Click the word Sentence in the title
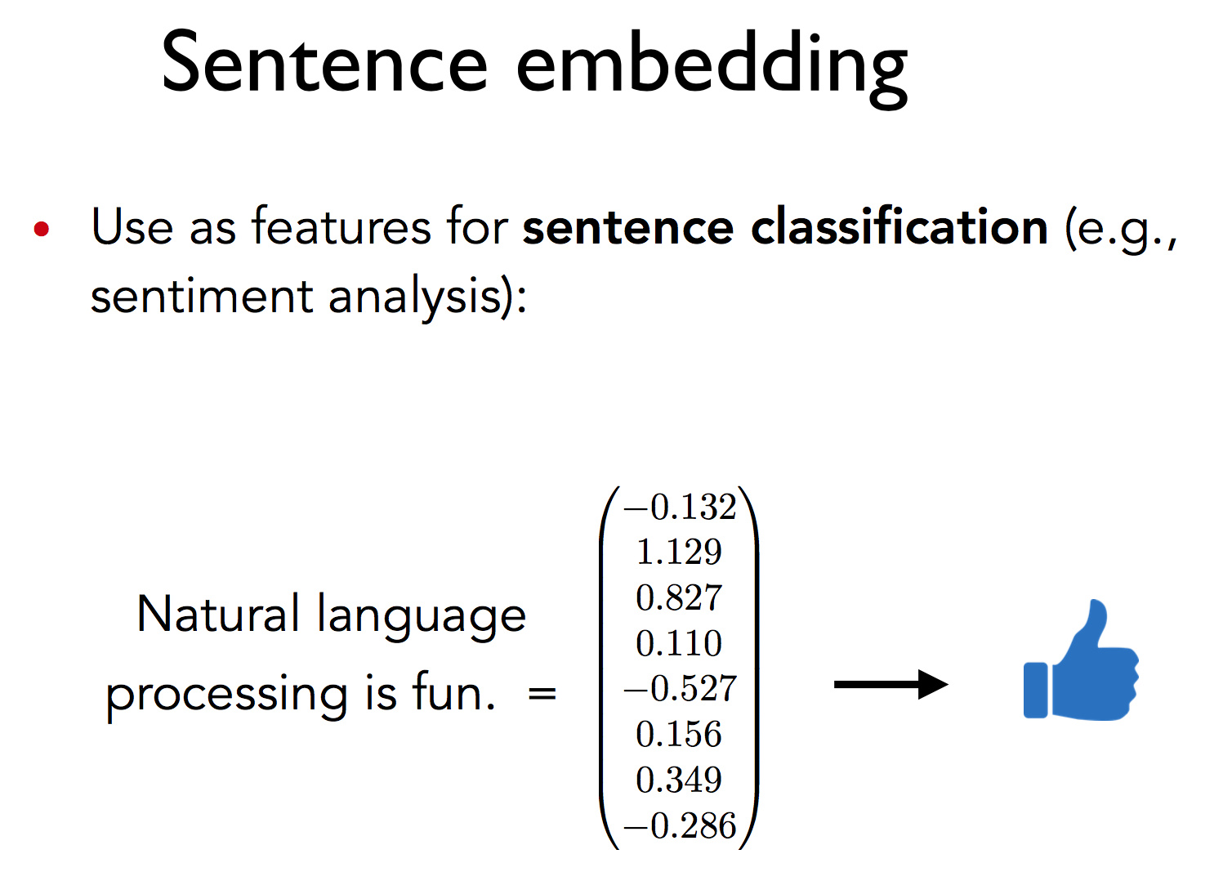click(324, 61)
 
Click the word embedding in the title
click(712, 69)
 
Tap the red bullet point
click(41, 229)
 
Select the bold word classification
click(899, 226)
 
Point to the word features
click(341, 226)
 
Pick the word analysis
click(423, 297)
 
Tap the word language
click(422, 617)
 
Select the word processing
click(226, 696)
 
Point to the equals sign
click(542, 695)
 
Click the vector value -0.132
click(680, 507)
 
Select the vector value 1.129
click(679, 552)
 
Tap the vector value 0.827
click(679, 597)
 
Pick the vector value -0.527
click(680, 688)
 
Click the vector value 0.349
click(679, 780)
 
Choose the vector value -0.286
click(680, 825)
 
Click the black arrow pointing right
click(891, 685)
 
